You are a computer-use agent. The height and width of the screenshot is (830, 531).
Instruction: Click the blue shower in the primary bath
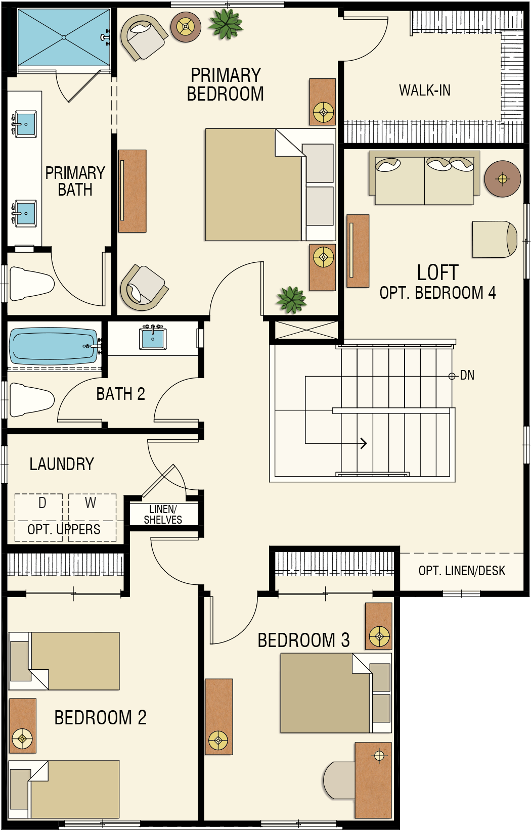64,37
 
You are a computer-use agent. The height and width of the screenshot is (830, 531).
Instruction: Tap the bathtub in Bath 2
54,346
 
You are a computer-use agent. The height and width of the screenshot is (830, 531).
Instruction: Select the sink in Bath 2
152,338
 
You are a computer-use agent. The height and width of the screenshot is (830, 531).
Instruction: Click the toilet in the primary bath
31,284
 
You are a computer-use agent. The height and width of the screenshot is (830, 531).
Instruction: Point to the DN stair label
467,376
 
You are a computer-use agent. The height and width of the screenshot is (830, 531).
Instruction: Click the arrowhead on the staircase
364,443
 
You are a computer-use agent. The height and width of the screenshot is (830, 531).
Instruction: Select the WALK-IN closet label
425,90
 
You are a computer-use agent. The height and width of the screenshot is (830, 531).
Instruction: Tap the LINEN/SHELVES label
163,514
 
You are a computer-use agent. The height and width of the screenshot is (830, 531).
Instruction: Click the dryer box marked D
38,517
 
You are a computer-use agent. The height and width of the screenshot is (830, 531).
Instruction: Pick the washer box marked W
93,517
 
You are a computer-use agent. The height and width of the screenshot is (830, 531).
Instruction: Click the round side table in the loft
503,178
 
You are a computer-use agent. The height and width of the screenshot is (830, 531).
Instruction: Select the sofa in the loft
424,177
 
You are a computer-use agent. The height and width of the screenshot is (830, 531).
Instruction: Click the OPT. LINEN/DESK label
462,571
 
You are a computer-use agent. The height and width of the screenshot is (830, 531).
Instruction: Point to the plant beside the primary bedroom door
291,299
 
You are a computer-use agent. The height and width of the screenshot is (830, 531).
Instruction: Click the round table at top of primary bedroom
186,27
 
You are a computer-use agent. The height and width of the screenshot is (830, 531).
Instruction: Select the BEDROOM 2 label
101,718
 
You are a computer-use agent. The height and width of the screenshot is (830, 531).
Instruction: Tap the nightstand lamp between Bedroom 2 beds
22,739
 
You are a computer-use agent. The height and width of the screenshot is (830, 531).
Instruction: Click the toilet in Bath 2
31,400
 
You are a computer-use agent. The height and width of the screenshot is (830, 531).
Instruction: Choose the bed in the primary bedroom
271,185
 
